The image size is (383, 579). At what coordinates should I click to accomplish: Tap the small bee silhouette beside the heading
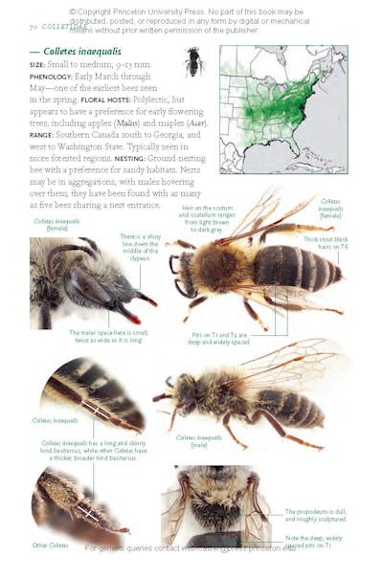pos(192,62)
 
